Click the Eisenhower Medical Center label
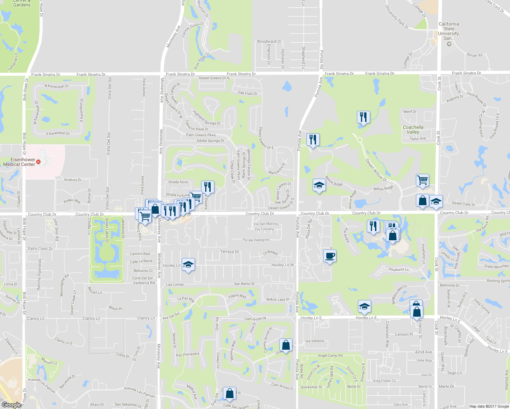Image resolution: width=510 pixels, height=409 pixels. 19,162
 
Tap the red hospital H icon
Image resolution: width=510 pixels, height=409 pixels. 39,162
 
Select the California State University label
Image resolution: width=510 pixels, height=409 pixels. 449,31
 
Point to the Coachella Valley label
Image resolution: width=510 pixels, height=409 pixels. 413,130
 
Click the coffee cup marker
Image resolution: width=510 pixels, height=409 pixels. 330,256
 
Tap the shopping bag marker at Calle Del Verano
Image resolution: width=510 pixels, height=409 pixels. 230,393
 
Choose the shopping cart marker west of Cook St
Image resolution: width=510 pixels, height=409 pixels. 422,180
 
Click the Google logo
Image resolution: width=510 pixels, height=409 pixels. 11,405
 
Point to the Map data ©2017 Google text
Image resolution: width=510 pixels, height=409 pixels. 489,406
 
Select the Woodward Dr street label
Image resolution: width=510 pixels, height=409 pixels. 269,42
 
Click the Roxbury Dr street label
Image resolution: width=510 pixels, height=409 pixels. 73,180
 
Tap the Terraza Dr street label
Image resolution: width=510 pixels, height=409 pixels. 229,252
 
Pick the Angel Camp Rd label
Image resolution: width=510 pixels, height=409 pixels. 330,355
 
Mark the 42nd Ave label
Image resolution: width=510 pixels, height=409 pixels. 423,352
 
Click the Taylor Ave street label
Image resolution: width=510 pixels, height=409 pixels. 417,139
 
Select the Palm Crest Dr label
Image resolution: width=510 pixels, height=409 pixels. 40,249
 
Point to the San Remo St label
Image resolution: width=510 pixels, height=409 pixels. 244,284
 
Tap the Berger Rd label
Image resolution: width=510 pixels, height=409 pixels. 475,55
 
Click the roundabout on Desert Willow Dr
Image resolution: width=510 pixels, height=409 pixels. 359,139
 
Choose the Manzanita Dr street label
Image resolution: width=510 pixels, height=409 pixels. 276,168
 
